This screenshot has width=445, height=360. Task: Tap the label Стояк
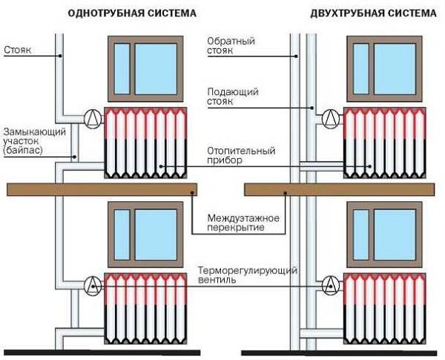coord(16,52)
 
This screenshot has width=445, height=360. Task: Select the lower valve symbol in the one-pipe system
coord(93,283)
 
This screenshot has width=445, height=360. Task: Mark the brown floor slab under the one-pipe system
coord(102,189)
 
